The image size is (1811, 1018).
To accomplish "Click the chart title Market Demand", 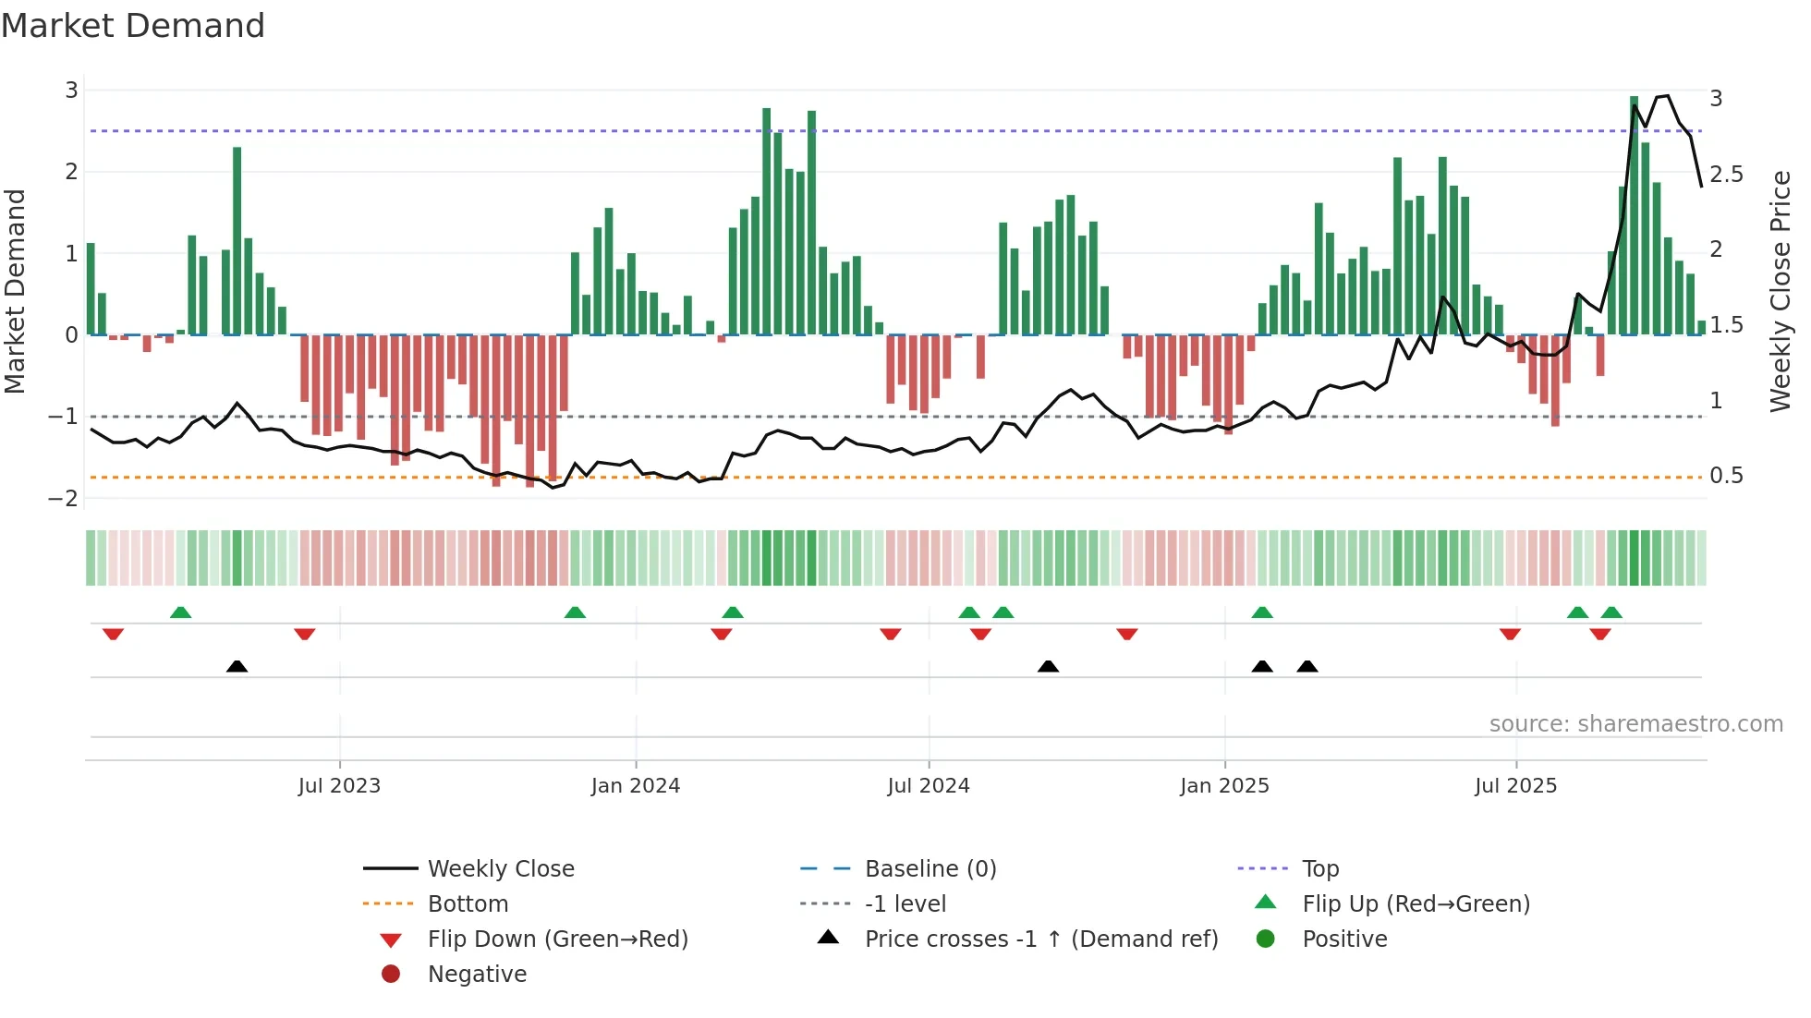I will pos(133,26).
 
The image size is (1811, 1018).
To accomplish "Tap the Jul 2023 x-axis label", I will pos(339,786).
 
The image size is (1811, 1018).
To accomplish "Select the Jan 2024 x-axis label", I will pos(636,786).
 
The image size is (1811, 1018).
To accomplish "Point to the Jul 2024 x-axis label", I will pos(929,786).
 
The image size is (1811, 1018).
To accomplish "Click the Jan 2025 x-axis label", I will pos(1224,786).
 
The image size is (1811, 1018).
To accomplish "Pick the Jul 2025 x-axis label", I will pos(1516,786).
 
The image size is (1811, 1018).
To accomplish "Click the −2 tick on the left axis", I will pos(64,499).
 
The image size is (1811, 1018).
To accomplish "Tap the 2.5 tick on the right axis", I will pos(1726,175).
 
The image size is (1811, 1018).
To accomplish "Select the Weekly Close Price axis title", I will pos(1781,291).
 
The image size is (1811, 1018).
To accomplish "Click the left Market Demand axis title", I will pos(16,291).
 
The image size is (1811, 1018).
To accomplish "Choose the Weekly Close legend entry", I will pos(500,869).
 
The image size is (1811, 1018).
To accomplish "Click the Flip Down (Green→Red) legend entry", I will pos(557,939).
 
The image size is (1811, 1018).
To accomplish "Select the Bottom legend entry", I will pos(468,904).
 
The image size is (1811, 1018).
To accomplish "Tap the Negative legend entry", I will pos(477,975).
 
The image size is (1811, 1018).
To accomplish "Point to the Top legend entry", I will pos(1320,869).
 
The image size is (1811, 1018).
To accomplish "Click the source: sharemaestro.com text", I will pos(1635,724).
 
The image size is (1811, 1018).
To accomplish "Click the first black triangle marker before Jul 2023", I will pos(237,667).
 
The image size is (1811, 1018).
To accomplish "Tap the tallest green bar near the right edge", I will pos(1635,214).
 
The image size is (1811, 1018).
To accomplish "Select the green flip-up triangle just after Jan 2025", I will pos(1262,612).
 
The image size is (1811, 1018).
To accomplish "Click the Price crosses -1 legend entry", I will pos(1040,939).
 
